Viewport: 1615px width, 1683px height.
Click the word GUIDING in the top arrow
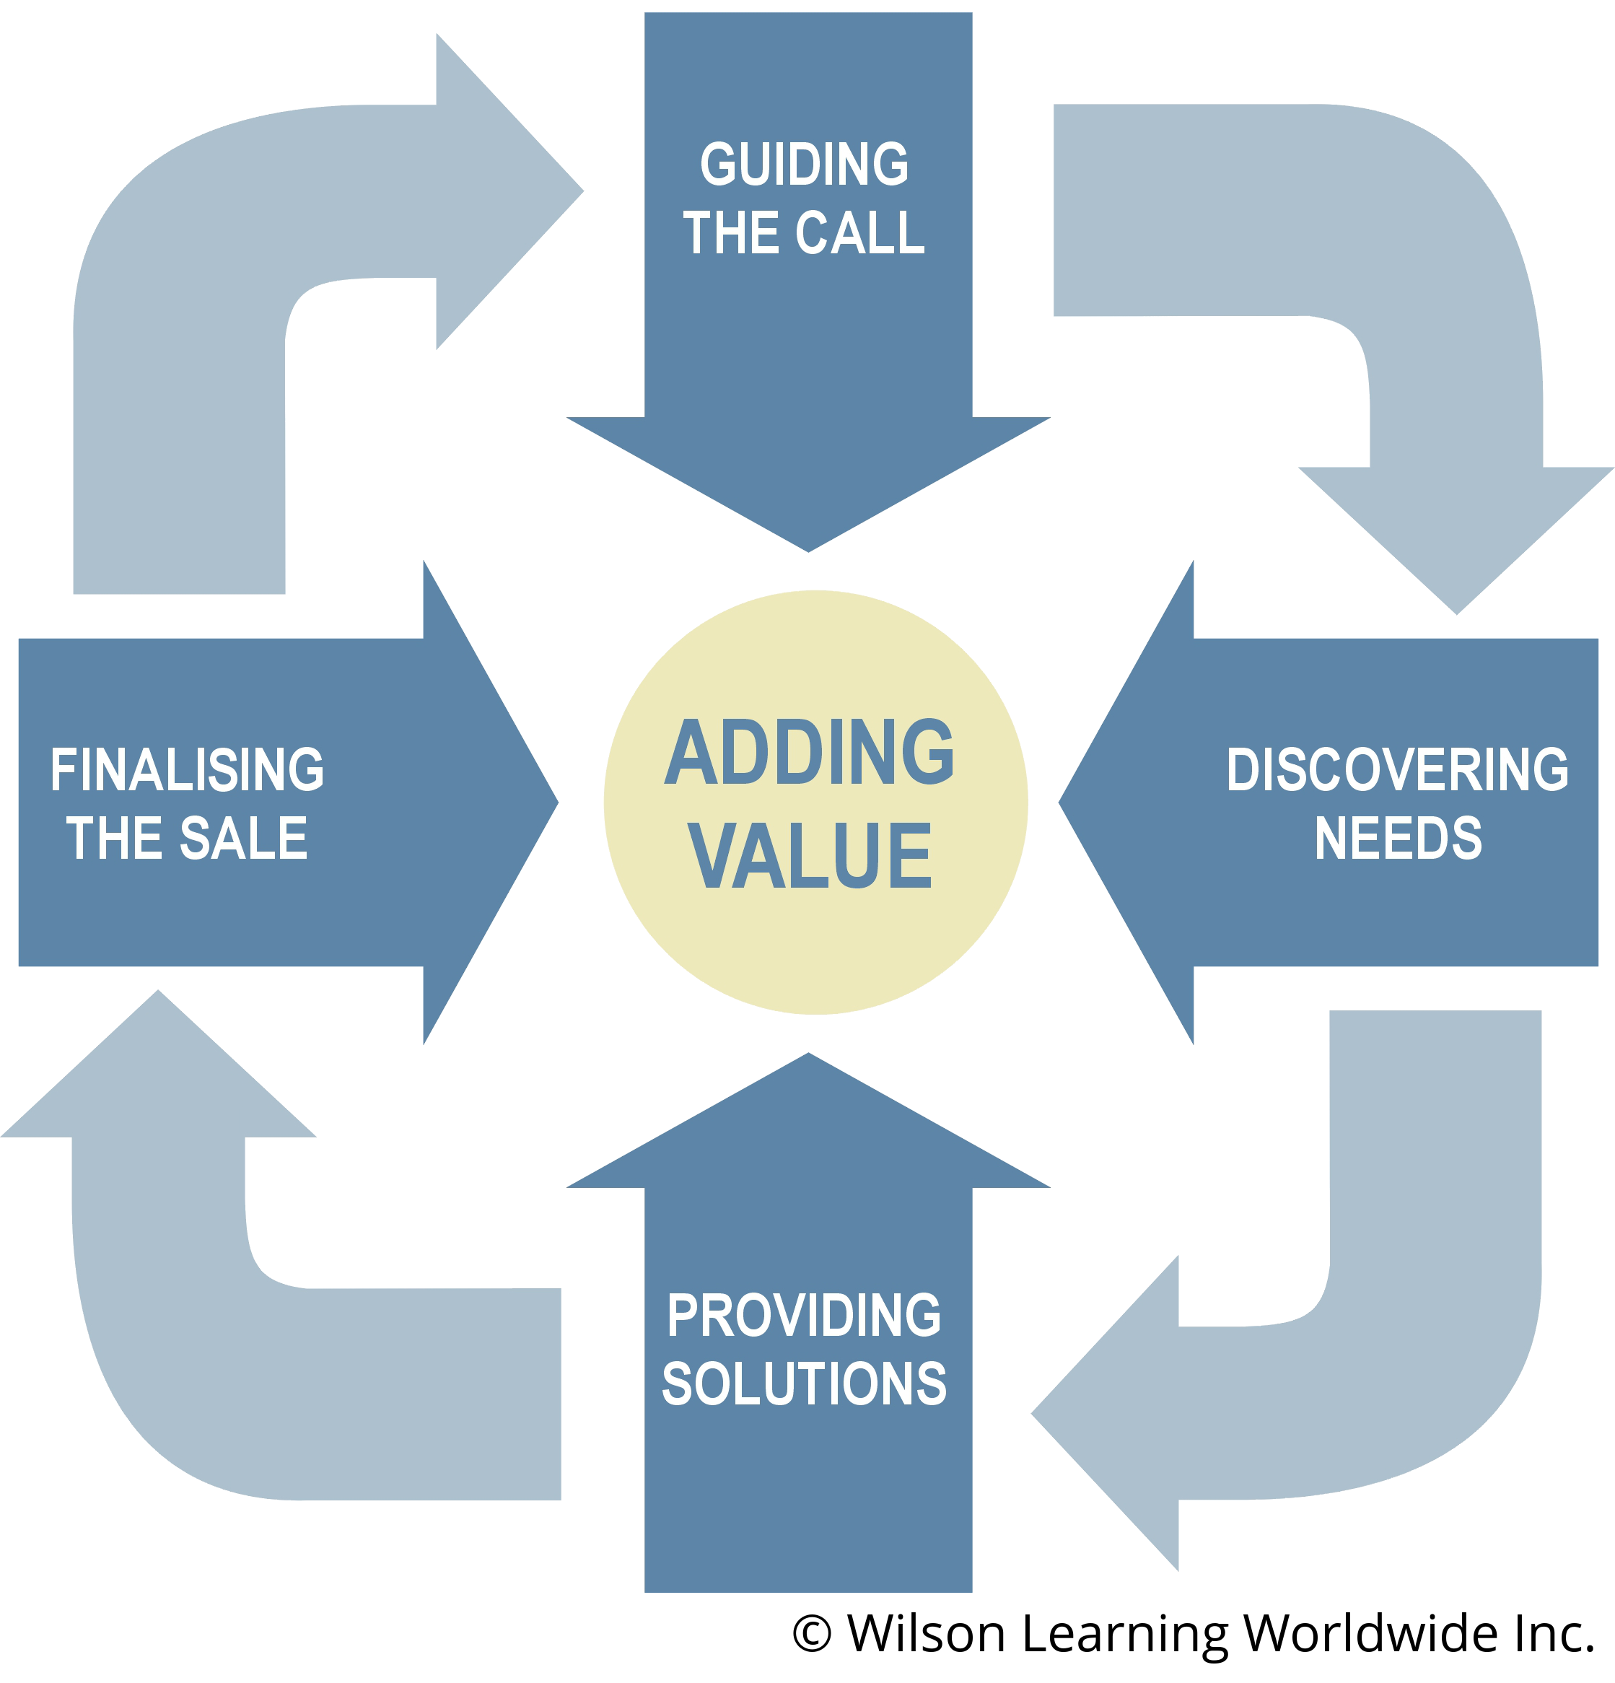[805, 164]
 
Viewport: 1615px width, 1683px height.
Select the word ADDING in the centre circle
[809, 752]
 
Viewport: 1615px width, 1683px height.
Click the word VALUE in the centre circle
[810, 855]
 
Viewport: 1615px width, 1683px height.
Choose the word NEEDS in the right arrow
[1398, 838]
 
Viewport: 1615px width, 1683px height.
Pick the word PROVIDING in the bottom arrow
[804, 1316]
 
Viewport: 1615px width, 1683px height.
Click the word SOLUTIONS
[804, 1384]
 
